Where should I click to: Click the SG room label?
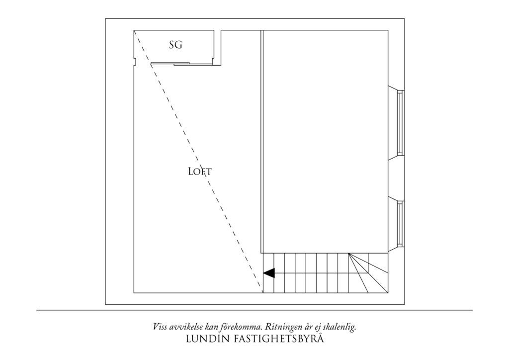click(x=175, y=45)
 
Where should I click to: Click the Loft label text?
click(x=200, y=172)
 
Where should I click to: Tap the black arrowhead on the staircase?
click(x=269, y=273)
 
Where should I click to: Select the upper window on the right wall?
click(x=400, y=123)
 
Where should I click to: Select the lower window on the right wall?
click(x=400, y=223)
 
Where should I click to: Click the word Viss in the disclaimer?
click(x=160, y=327)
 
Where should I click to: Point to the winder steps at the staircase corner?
click(x=368, y=273)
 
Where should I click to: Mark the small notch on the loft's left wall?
click(x=135, y=61)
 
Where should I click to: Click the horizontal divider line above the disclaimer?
click(x=254, y=310)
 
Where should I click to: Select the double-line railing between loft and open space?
click(x=262, y=142)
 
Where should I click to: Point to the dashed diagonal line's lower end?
click(x=262, y=292)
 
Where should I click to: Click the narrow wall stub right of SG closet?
click(x=218, y=48)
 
